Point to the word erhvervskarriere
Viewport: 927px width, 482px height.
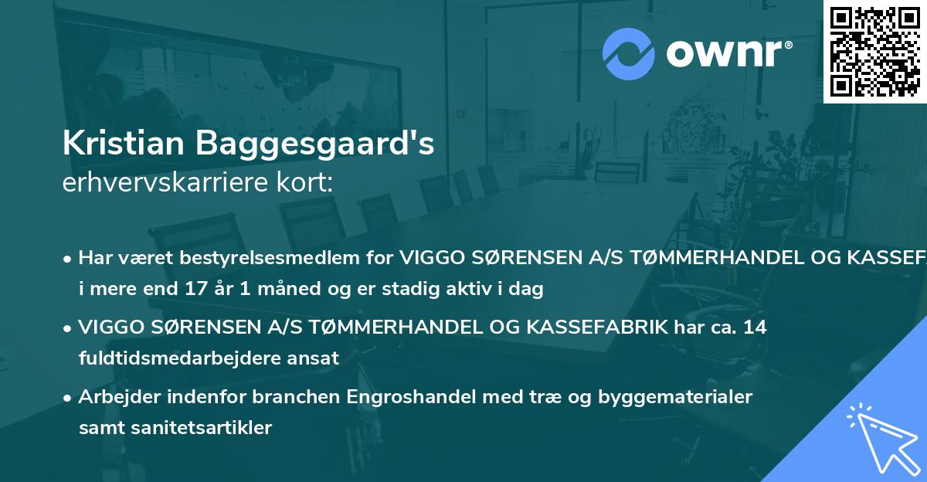click(x=157, y=184)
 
